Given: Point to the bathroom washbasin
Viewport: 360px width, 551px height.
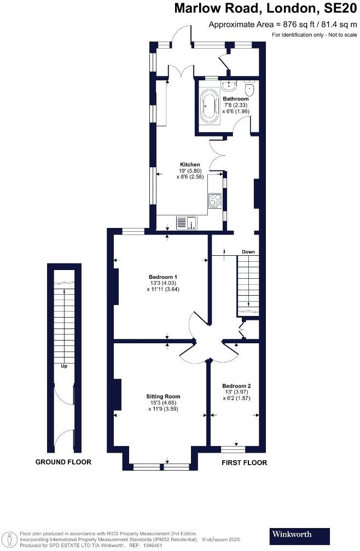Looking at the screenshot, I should coord(230,85).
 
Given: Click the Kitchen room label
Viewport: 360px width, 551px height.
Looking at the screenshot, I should coord(190,165).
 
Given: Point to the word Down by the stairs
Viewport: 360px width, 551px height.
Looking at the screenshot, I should coord(248,252).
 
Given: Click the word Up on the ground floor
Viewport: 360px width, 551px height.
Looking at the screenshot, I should coord(64,366).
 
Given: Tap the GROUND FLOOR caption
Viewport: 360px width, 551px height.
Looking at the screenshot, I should coord(63,462).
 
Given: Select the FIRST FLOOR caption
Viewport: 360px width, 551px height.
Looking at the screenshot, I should coord(244,462).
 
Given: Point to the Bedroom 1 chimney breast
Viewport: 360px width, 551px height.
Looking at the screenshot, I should coord(115,286).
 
